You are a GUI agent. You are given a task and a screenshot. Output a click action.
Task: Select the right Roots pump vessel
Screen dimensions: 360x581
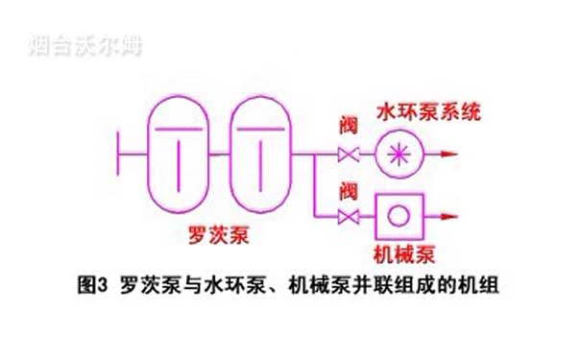coord(256,154)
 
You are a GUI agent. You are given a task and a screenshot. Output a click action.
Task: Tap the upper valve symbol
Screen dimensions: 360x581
coord(348,154)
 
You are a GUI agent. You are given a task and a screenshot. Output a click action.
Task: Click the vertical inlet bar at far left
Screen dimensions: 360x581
coord(116,154)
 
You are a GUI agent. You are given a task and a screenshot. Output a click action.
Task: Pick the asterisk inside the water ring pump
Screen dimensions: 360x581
coord(394,154)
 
